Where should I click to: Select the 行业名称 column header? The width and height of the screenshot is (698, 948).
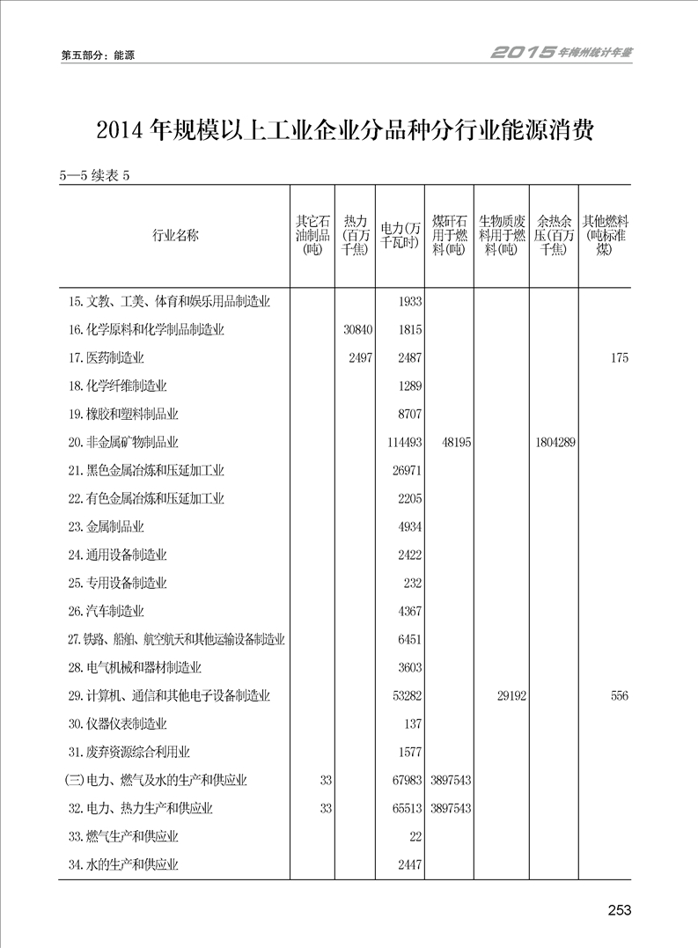point(175,235)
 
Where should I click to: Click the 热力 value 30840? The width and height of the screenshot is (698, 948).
point(355,330)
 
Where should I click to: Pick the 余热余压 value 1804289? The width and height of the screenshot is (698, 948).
point(555,443)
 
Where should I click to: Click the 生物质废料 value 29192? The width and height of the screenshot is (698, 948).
point(511,696)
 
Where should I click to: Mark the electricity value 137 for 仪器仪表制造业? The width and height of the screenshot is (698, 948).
point(412,724)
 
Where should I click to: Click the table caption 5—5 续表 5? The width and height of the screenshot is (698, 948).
point(94,174)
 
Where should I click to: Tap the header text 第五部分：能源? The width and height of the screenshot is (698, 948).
point(98,55)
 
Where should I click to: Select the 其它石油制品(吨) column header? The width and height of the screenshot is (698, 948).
point(312,235)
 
